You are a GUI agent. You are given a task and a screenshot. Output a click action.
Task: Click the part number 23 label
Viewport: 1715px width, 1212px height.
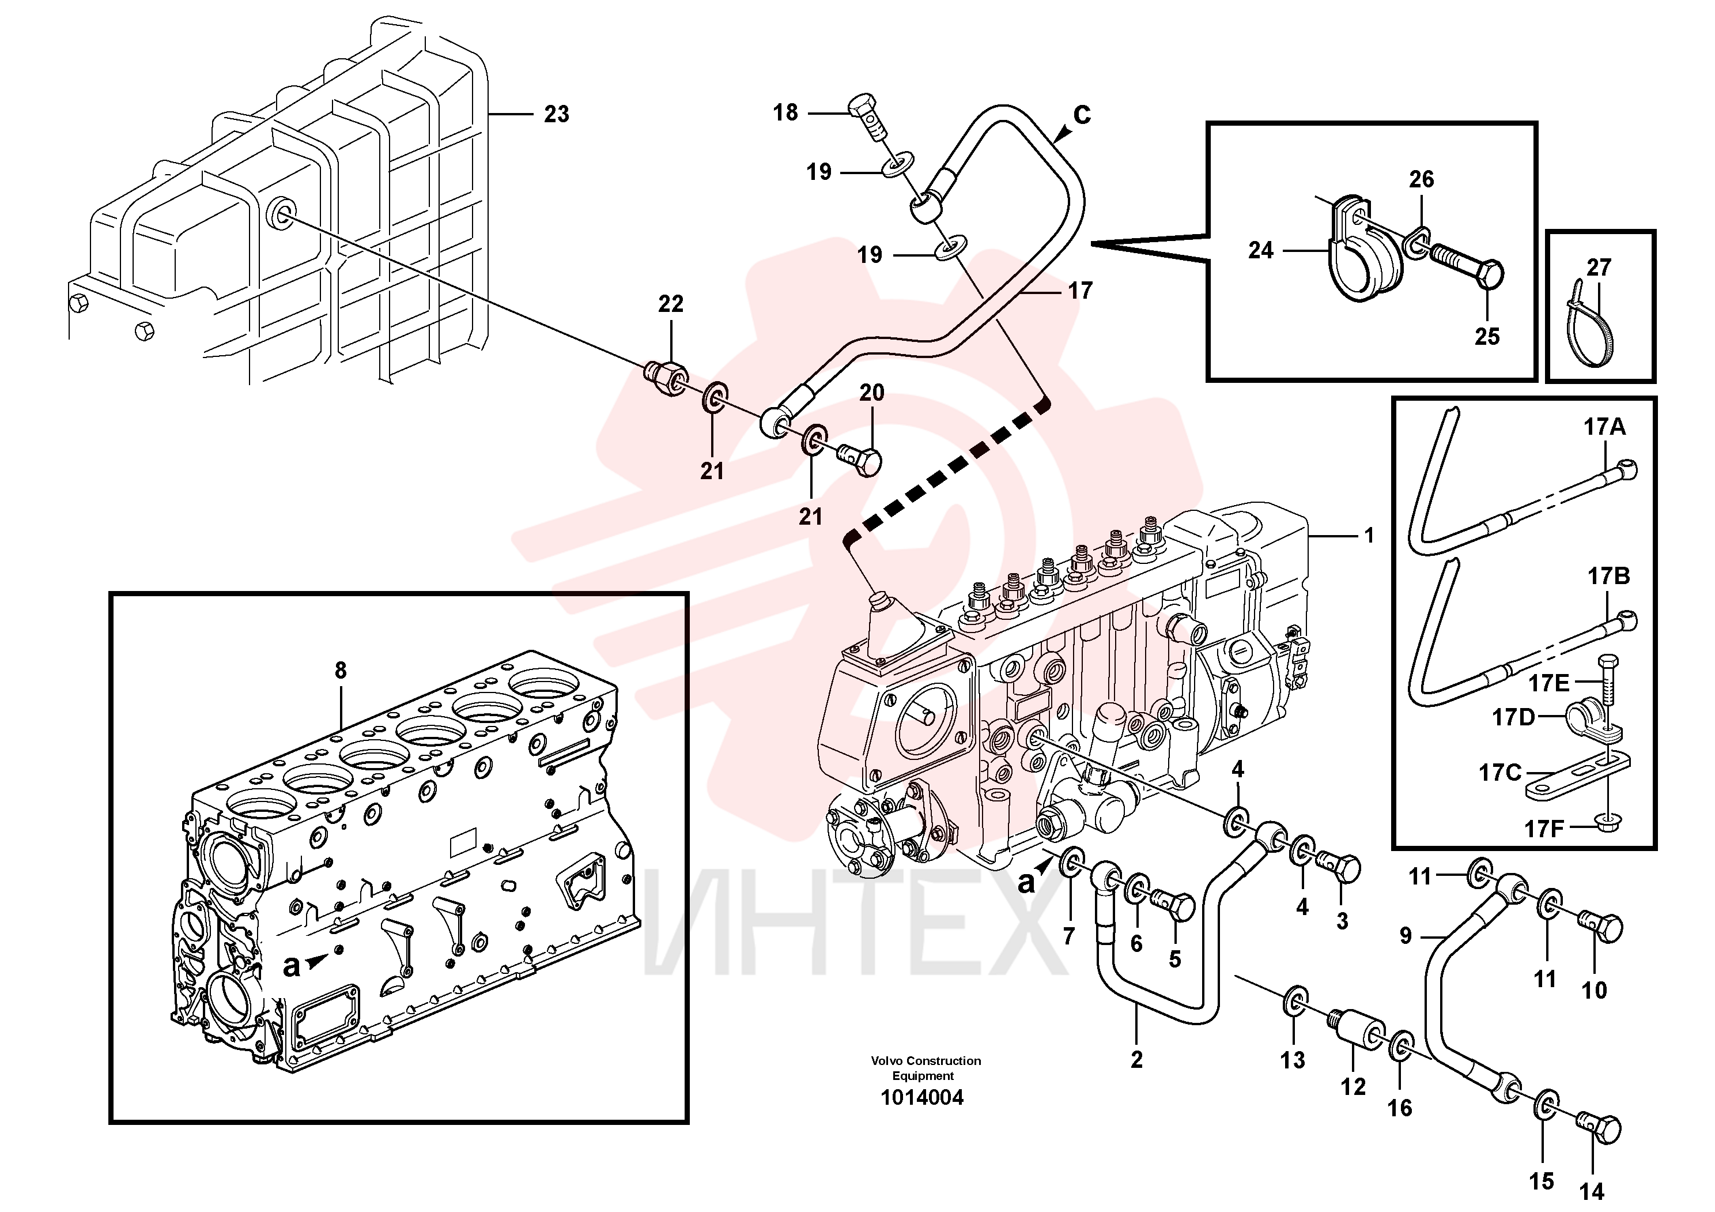point(557,114)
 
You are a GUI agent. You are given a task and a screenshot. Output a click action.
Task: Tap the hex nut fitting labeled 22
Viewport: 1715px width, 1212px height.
point(666,376)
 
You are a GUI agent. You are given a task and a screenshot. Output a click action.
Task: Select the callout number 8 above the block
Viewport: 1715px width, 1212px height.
point(341,670)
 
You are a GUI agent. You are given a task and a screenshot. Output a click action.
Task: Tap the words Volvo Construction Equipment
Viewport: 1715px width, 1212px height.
point(926,1068)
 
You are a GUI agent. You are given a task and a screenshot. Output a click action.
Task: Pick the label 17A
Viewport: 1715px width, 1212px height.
point(1604,427)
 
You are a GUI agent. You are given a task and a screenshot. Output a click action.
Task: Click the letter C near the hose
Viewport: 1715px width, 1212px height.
point(1082,114)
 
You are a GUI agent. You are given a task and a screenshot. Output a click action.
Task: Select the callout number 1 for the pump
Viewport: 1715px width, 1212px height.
point(1369,535)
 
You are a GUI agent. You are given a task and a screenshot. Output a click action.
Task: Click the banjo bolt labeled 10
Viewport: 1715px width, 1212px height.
point(1600,929)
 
